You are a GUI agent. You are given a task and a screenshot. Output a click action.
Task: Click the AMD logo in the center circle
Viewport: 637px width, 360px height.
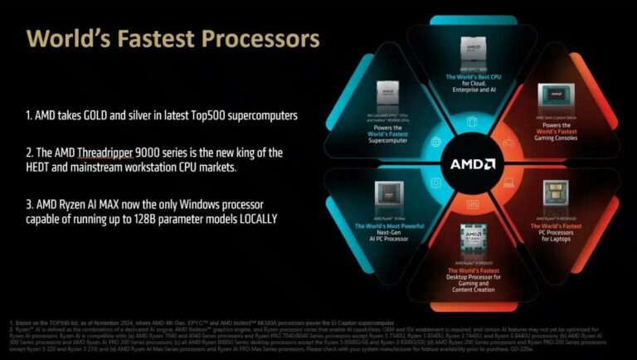pos(473,163)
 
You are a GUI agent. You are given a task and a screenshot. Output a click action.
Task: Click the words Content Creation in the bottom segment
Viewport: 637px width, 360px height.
pos(473,289)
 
